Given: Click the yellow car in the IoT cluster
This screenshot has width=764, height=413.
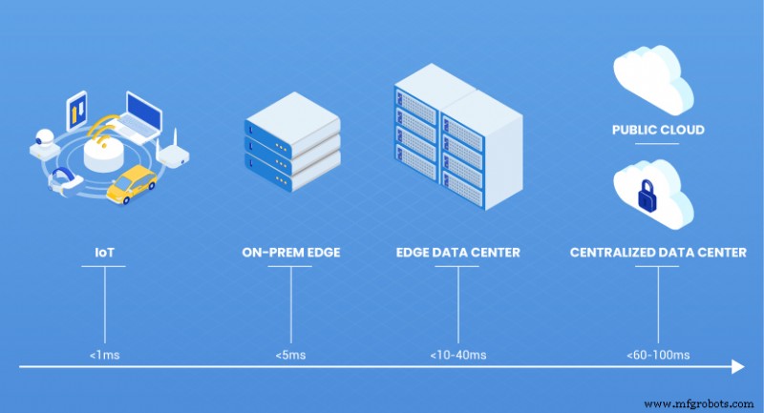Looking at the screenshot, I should pos(132,184).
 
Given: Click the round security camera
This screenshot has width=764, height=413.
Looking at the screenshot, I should pos(41,139).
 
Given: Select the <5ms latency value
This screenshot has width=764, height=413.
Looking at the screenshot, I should pos(289,354).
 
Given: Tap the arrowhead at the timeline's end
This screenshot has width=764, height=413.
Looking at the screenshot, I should pos(737,366).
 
